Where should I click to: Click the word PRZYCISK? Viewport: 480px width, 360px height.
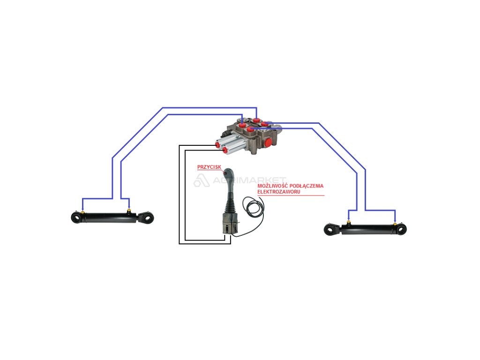coord(209,167)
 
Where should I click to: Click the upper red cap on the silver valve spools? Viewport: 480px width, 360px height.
coord(218,145)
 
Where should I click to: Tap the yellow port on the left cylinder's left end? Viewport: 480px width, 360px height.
coord(83,212)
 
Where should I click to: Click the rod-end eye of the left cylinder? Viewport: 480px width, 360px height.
coord(149,218)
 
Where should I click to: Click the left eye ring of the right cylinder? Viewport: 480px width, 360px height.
coord(330,230)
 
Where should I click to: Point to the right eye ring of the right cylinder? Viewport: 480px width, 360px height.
coord(402,230)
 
